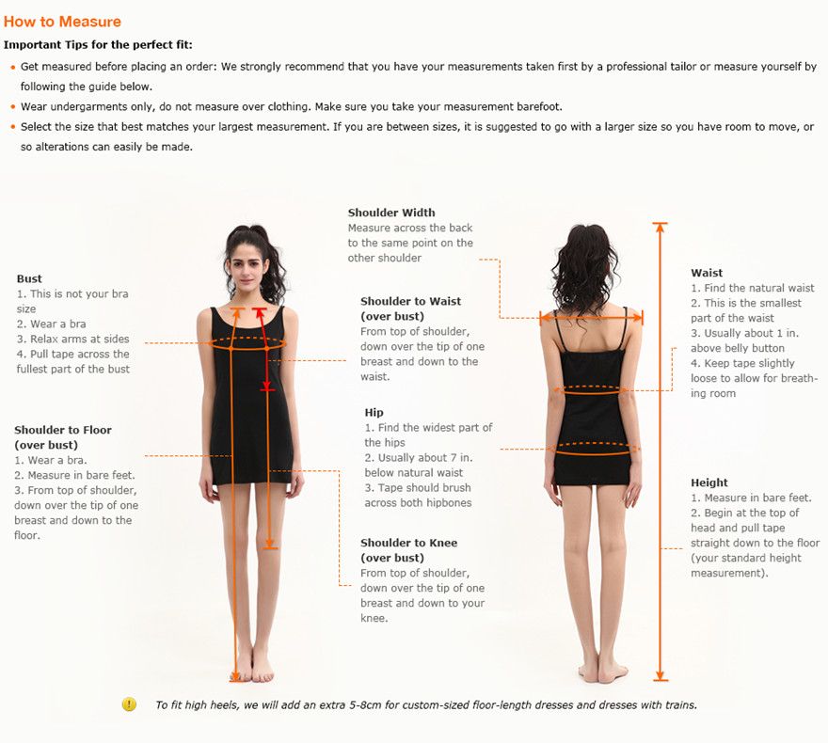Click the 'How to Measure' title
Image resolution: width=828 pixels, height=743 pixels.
[62, 22]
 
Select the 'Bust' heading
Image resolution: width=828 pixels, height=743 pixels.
[29, 278]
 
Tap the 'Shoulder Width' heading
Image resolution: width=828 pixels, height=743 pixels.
[391, 213]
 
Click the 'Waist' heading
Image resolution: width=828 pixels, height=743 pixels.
[707, 273]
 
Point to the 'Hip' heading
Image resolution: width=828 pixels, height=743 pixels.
[374, 413]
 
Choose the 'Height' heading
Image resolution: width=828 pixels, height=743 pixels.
[709, 482]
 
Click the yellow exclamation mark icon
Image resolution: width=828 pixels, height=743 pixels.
[129, 703]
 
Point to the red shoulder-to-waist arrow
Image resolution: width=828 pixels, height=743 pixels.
[263, 349]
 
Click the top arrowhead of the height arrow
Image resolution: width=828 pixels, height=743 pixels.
[660, 228]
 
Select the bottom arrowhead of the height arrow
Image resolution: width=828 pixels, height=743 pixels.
[660, 675]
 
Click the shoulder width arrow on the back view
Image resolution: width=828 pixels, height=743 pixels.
[591, 317]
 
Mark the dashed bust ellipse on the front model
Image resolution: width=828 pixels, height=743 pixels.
[247, 343]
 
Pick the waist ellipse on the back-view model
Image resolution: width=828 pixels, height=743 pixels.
[591, 390]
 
